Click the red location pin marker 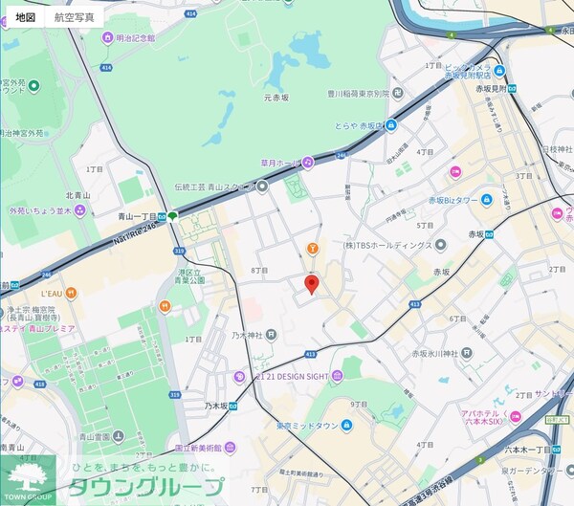[311, 283]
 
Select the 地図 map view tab [26, 17]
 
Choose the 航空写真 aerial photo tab [75, 17]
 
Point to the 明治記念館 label [128, 38]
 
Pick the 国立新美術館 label [198, 447]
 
